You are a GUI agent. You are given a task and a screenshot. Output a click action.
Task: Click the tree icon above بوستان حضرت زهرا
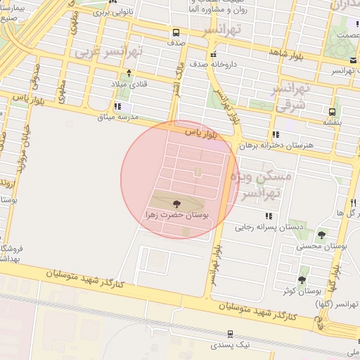coord(176,204)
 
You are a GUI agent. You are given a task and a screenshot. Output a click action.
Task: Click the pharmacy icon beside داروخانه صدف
coord(212,54)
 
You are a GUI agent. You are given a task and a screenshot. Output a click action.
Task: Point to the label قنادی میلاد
coord(127,84)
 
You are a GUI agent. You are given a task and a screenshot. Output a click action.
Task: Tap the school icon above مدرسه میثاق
coord(117,106)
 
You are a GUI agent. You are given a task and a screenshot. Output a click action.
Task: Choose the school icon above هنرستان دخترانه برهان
coord(276,134)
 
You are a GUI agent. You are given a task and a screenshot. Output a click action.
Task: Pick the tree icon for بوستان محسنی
coord(322,235)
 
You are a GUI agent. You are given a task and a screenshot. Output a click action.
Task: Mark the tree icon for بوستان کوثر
coord(302,279)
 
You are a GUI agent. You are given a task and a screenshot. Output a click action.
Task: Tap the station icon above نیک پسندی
coord(231,334)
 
